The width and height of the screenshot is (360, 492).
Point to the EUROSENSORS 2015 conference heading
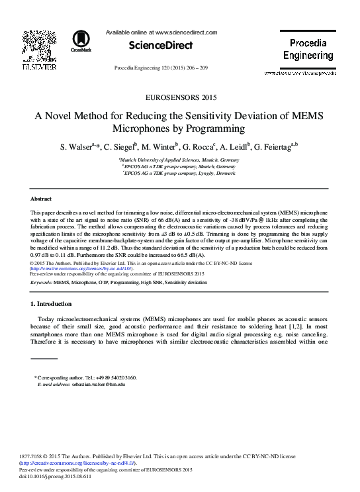tap(179, 97)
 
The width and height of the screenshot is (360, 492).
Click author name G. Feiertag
tap(272, 146)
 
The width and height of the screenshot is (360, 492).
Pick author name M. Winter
tap(158, 146)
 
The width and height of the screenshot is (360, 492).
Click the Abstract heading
tap(42, 199)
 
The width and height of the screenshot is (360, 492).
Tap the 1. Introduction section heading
tap(52, 304)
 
